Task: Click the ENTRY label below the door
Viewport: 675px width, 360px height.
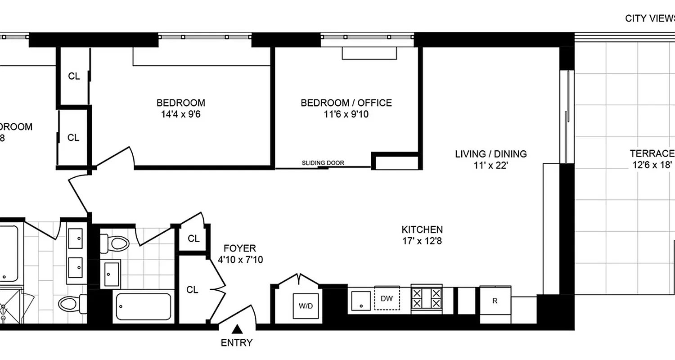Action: click(237, 343)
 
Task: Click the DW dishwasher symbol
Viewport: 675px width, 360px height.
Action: click(387, 298)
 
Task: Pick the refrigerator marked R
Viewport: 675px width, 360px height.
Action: click(495, 301)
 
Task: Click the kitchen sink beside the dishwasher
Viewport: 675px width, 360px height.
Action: click(361, 299)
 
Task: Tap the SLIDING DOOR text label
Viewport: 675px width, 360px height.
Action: click(323, 163)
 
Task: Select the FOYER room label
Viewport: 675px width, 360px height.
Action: click(240, 248)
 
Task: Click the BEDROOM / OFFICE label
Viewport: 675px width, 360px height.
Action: click(346, 103)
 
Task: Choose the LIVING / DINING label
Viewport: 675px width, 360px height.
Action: click(490, 154)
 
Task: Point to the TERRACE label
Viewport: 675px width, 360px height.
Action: click(652, 153)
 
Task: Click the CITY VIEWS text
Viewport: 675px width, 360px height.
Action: click(650, 18)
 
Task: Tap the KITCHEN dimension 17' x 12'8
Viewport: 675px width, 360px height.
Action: click(423, 241)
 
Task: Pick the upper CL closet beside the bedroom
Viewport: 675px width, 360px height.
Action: click(74, 76)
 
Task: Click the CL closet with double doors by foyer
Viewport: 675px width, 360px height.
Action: click(192, 290)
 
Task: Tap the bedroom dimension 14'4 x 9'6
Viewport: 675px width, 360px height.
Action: click(180, 114)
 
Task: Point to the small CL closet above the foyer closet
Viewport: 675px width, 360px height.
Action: click(193, 239)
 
